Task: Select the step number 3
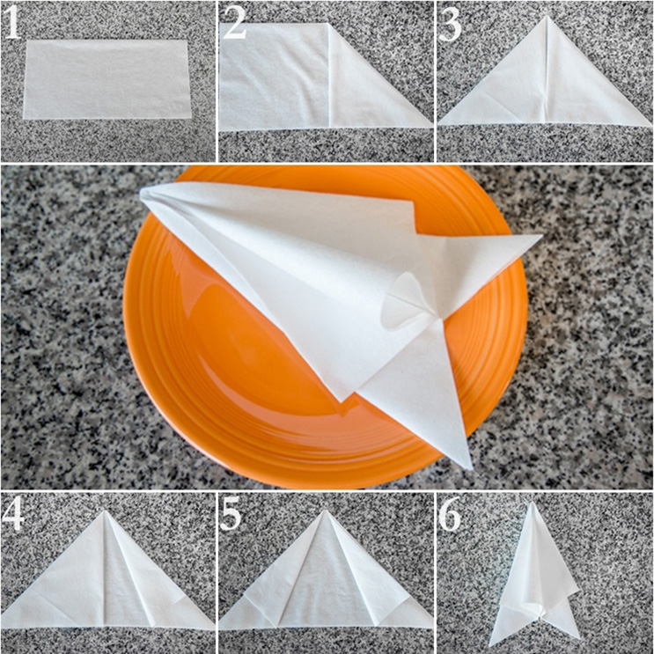coord(450,24)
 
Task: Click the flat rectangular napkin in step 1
coord(107,79)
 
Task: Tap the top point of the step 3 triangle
coord(547,16)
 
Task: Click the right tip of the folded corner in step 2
coord(432,126)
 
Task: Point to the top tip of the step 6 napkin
coord(533,503)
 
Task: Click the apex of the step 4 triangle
coord(104,511)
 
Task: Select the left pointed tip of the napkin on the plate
coord(141,193)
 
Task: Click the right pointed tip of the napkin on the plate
coord(541,236)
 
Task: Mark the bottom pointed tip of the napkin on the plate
coord(471,468)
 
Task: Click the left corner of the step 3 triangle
coord(438,124)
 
